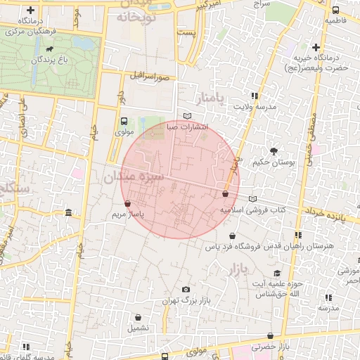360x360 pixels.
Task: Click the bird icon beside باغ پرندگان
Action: (x=50, y=49)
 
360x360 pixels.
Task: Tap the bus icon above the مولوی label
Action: (x=124, y=120)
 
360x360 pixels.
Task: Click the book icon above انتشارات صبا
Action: (x=186, y=116)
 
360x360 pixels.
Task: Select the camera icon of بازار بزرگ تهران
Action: (x=186, y=289)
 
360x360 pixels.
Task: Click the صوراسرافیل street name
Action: (x=150, y=75)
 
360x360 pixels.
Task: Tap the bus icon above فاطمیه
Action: (x=335, y=10)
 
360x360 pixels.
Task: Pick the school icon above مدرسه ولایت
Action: (x=254, y=96)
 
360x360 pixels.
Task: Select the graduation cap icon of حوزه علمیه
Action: (x=277, y=273)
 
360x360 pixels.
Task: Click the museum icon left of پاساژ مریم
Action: (x=68, y=212)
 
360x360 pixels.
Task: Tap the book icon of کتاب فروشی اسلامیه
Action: (x=252, y=199)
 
